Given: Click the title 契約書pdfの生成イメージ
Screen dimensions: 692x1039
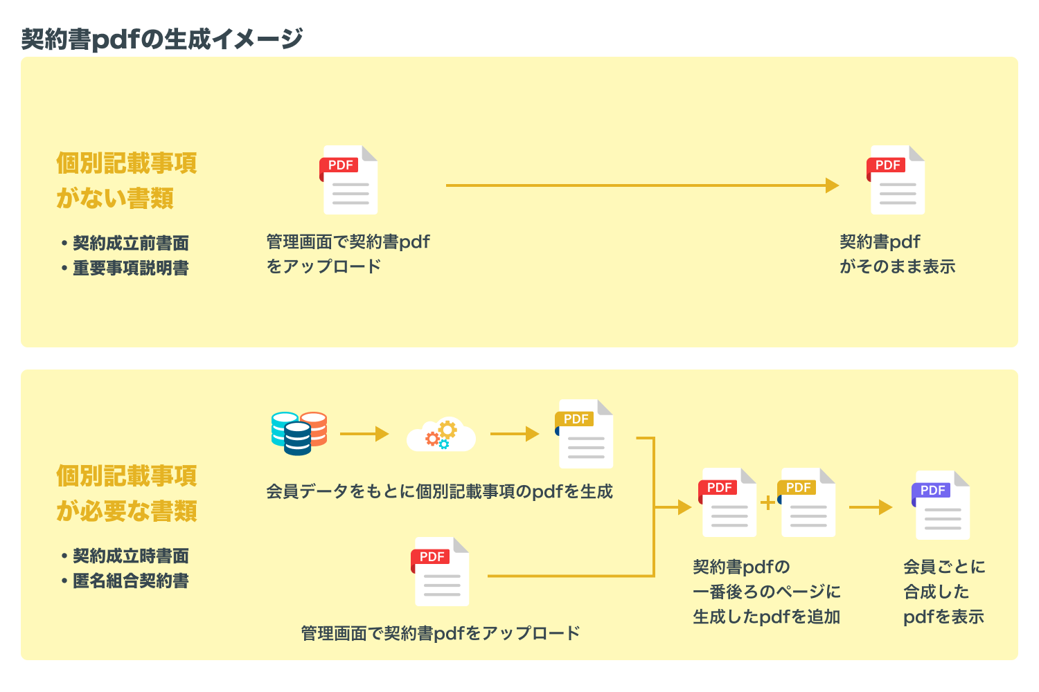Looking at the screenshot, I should pos(162,39).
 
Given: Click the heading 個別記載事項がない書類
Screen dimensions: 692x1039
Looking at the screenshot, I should pos(127,181).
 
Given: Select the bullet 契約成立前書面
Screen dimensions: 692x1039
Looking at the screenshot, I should pos(131,243).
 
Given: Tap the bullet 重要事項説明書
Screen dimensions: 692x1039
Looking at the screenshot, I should pos(131,268).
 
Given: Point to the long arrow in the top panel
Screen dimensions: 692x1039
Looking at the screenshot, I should pos(642,185).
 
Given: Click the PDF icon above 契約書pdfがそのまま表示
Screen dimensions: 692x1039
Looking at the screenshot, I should pos(896,180).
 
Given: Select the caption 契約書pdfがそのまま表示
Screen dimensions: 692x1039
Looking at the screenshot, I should pos(897,254).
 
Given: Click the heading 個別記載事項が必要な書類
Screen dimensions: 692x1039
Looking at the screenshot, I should pos(127,493).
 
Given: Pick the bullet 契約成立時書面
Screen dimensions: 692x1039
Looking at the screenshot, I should pos(131,556).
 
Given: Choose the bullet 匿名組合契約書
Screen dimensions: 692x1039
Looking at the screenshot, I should pos(131,581).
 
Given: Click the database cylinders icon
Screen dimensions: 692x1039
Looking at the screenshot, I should pos(299,433).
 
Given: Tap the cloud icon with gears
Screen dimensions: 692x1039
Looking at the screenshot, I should pos(441,435).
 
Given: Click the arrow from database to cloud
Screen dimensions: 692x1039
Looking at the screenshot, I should pos(364,434).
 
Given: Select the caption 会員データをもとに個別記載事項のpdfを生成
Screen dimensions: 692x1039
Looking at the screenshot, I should pos(439,491).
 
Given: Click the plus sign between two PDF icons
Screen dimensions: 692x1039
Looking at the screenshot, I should pos(768,502).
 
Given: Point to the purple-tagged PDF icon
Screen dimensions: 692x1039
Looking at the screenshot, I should pos(941,505).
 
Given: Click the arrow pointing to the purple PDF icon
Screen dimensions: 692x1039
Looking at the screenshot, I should pos(871,507).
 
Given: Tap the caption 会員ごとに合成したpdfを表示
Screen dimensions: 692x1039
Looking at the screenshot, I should pos(943,592).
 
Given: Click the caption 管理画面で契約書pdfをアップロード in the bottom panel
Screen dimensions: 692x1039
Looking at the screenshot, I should pos(441,633).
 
